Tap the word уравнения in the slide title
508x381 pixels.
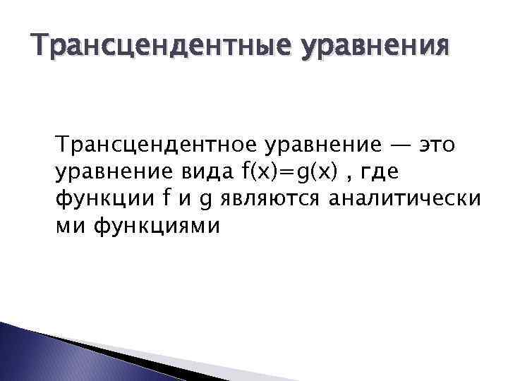pos(373,48)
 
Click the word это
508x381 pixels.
pos(437,145)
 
